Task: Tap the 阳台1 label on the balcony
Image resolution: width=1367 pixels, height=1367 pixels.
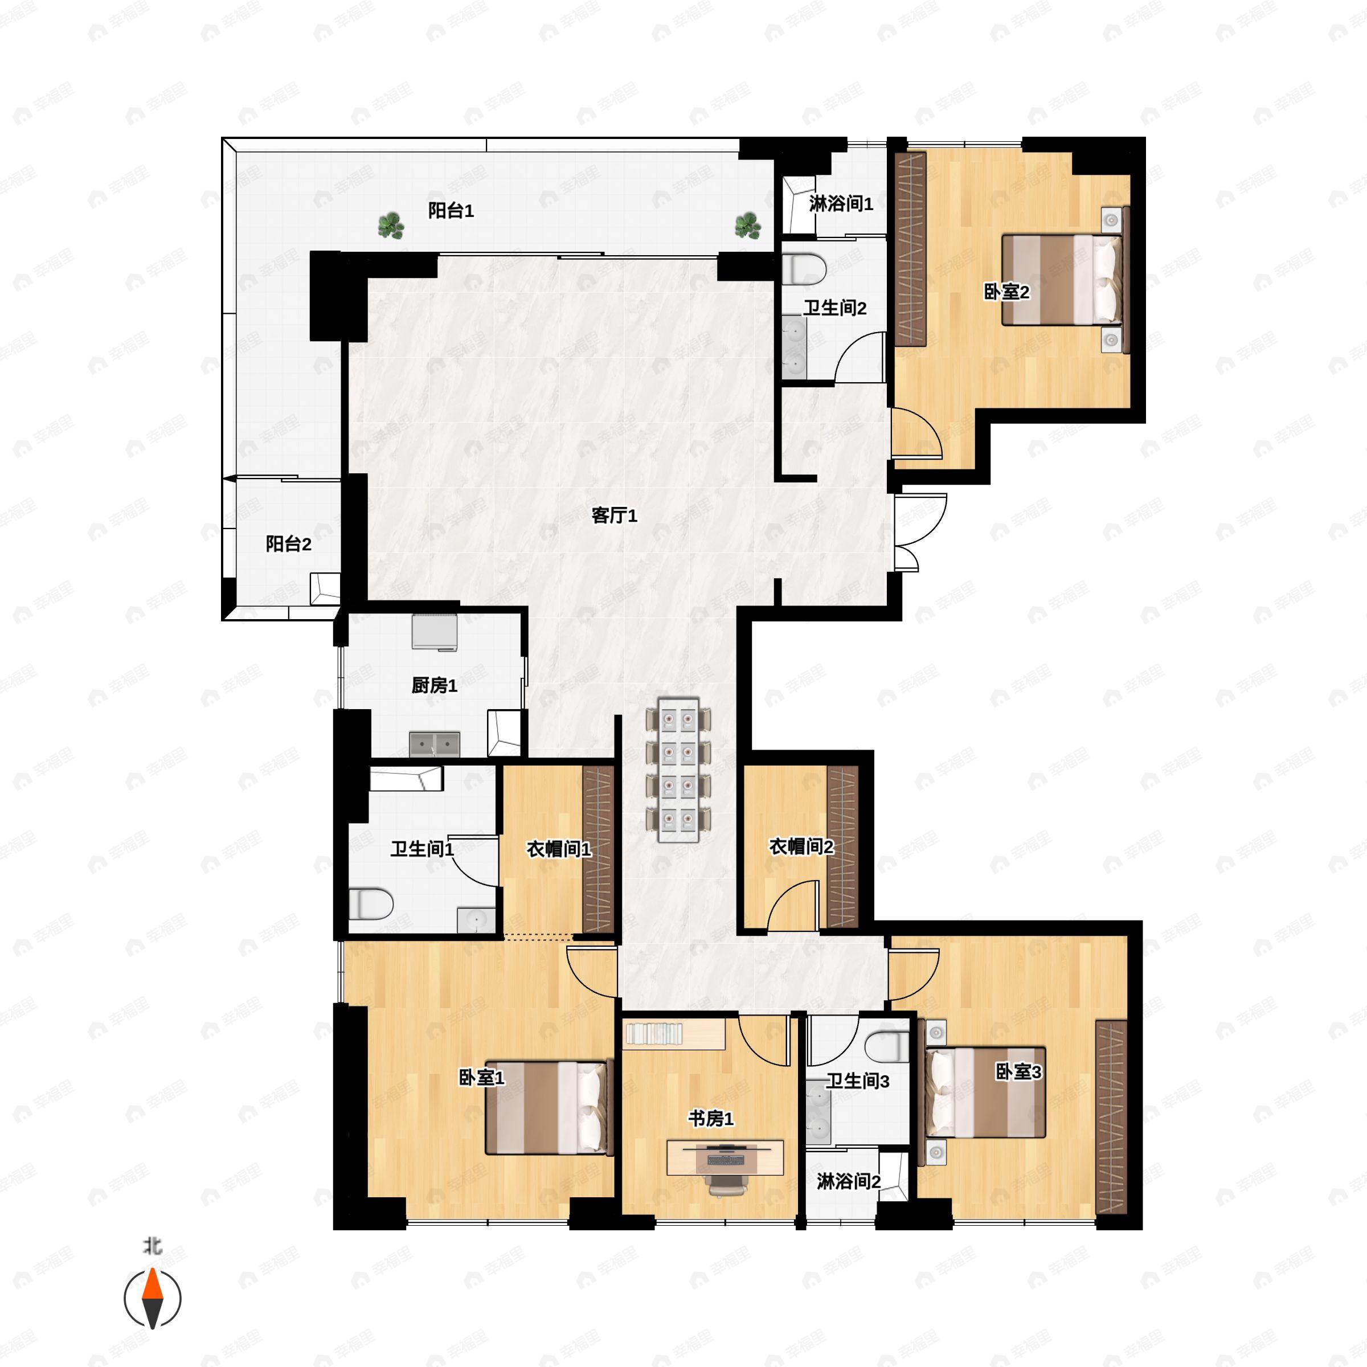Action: (x=451, y=210)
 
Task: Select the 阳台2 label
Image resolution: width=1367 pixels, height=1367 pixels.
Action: (x=289, y=543)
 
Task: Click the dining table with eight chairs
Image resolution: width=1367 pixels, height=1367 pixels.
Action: (x=678, y=770)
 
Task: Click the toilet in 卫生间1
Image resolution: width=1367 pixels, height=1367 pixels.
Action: (x=371, y=904)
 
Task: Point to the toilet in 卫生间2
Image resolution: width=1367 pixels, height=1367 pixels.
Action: (x=805, y=269)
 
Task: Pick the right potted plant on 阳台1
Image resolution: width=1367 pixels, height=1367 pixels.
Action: (x=748, y=226)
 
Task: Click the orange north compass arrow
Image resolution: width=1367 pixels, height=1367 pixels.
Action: (x=153, y=1299)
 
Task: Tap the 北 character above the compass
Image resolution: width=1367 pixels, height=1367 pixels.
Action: (x=153, y=1246)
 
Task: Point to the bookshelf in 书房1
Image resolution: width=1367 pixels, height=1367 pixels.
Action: (x=654, y=1034)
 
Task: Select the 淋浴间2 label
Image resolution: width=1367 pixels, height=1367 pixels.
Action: (x=848, y=1181)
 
